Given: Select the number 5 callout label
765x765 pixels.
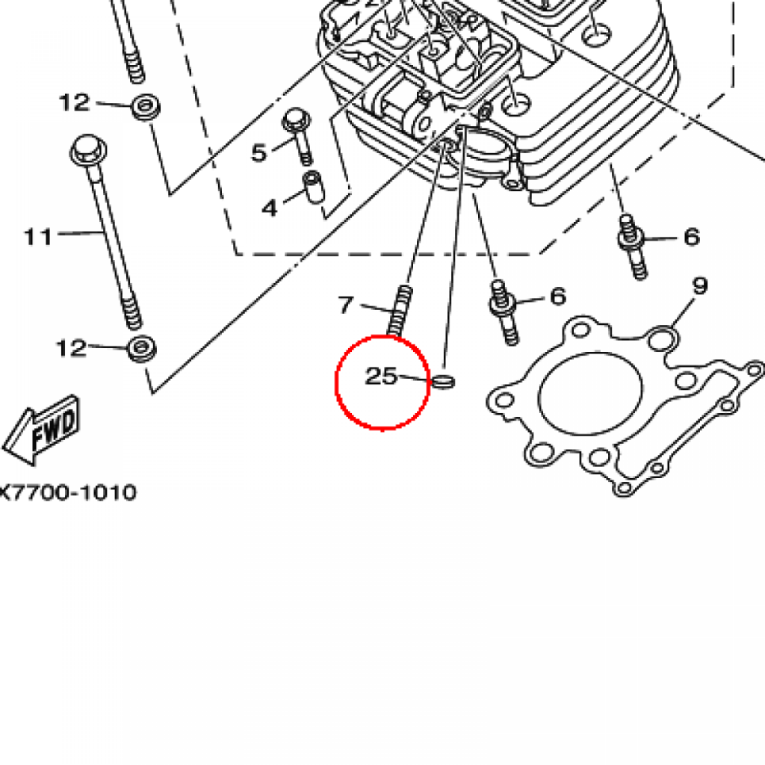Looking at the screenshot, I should (x=258, y=153).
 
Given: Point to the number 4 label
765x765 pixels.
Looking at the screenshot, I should (x=269, y=208).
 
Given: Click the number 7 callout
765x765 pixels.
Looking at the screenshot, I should (x=345, y=305).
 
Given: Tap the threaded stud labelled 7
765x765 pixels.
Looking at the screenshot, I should (x=400, y=309).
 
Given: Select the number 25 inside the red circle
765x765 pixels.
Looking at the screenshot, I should (x=380, y=377).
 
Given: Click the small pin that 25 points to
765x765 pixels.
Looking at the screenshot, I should (x=444, y=382).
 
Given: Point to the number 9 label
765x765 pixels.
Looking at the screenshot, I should (x=699, y=285).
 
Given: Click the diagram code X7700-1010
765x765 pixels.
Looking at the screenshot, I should (x=69, y=492).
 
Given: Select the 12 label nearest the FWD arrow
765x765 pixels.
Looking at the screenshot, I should (x=72, y=347).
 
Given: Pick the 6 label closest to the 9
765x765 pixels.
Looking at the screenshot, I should (x=691, y=238).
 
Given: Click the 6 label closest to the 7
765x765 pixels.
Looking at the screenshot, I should (x=557, y=297).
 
